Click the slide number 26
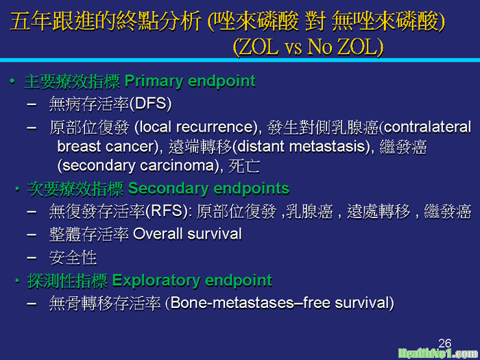tap(445, 343)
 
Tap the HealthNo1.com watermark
tap(438, 354)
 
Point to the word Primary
tap(154, 82)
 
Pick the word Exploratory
tap(156, 280)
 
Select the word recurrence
tap(215, 127)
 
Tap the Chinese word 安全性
tap(73, 258)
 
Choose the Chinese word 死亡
tap(244, 166)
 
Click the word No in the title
tap(320, 47)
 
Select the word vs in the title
tap(293, 49)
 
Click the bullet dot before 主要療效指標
tap(12, 82)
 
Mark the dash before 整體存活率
tap(32, 235)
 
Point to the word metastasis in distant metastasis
tap(327, 146)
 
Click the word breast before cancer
tap(79, 146)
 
